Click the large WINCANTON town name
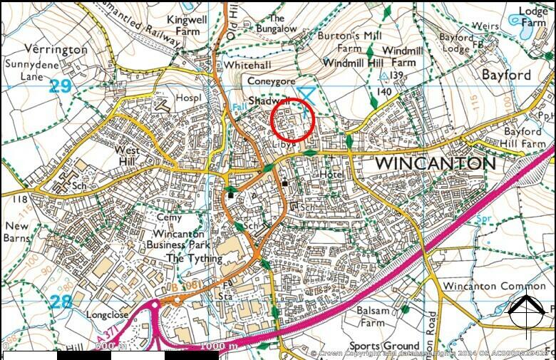tap(435, 163)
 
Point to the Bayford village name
tap(506, 74)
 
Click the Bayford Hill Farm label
tap(523, 137)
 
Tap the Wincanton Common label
tap(484, 287)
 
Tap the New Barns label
tap(17, 232)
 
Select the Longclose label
tap(107, 314)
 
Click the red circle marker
tap(293, 119)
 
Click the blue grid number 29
tap(61, 86)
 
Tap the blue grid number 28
tap(61, 302)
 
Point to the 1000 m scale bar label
tap(218, 347)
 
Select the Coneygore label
tap(272, 81)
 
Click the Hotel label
tap(332, 174)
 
